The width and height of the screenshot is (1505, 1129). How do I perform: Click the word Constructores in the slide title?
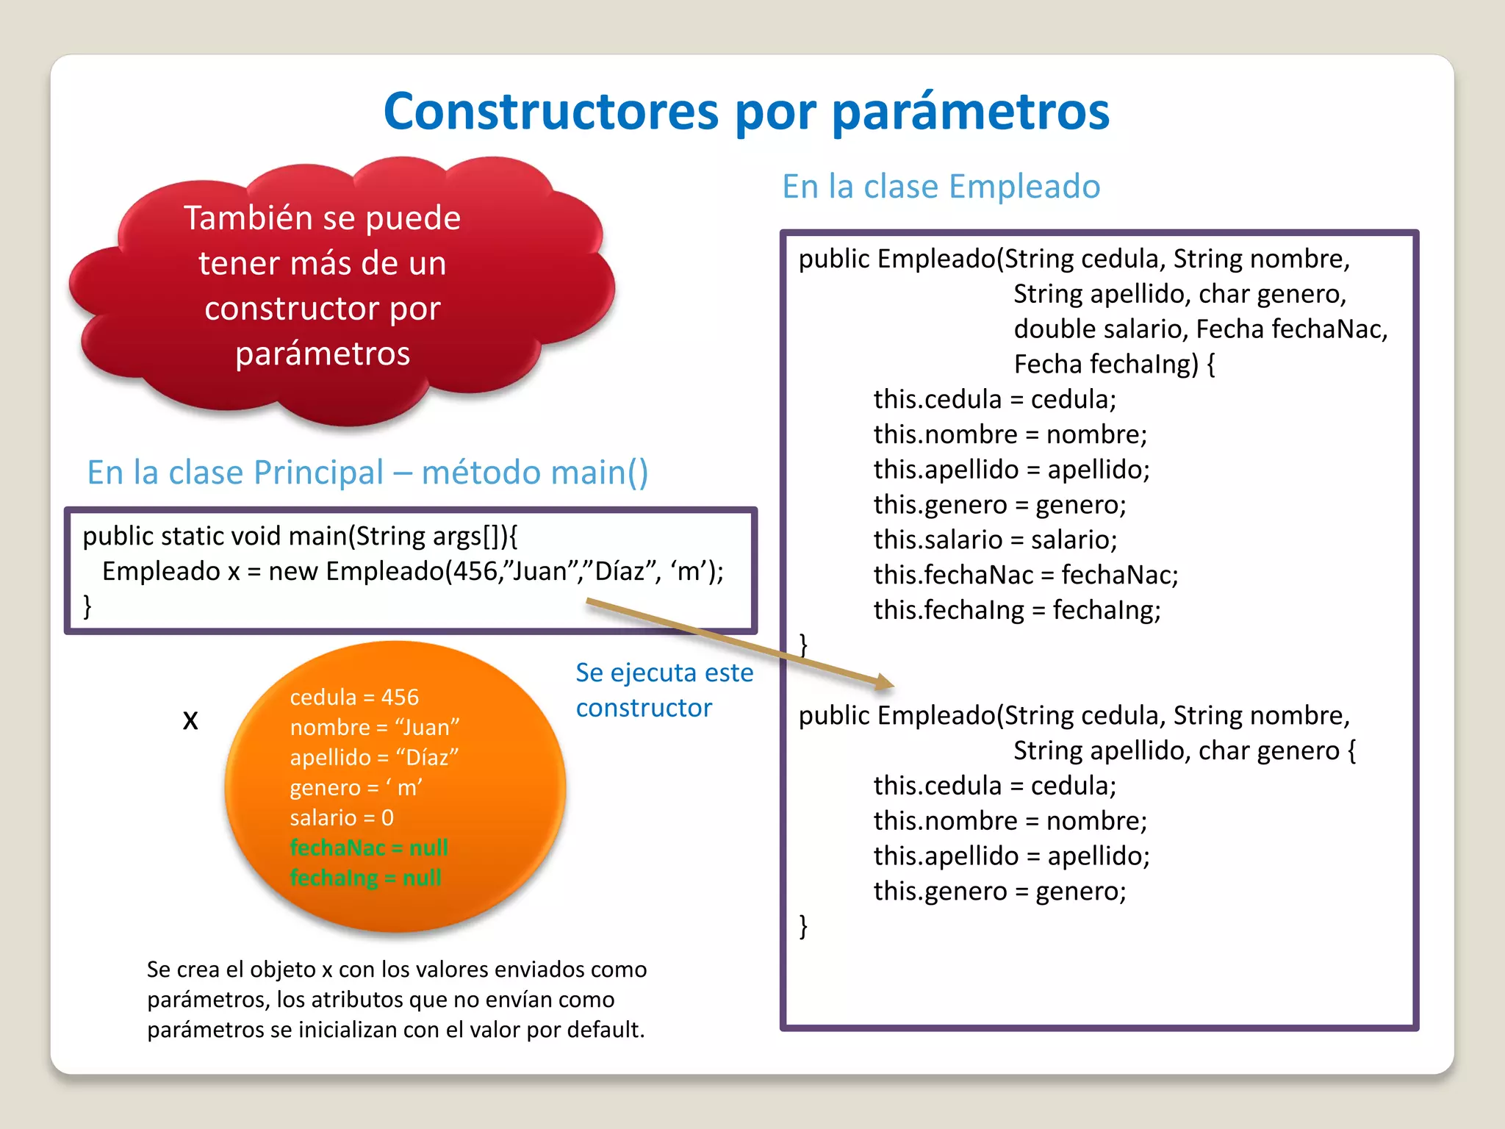551,112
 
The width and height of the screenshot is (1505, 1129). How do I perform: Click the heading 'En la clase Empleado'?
941,187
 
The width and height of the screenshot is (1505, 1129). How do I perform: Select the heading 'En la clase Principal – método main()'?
367,473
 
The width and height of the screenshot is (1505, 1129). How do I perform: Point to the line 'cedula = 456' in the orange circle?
354,697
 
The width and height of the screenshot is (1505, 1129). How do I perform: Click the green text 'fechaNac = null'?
369,847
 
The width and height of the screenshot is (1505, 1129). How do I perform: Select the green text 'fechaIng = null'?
365,878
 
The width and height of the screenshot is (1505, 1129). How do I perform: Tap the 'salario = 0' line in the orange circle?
342,817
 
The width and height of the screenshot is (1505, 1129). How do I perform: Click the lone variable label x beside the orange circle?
190,720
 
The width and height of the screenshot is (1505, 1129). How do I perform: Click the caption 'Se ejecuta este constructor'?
664,689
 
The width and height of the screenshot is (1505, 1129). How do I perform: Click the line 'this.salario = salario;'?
995,540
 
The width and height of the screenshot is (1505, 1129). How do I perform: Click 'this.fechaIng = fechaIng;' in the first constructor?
1016,610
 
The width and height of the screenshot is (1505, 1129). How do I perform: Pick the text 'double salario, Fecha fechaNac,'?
1200,329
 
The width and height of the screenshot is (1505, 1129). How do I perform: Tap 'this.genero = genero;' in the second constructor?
999,892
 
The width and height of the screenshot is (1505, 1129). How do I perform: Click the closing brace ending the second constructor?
803,925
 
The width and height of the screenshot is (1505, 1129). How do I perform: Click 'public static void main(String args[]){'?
300,537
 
